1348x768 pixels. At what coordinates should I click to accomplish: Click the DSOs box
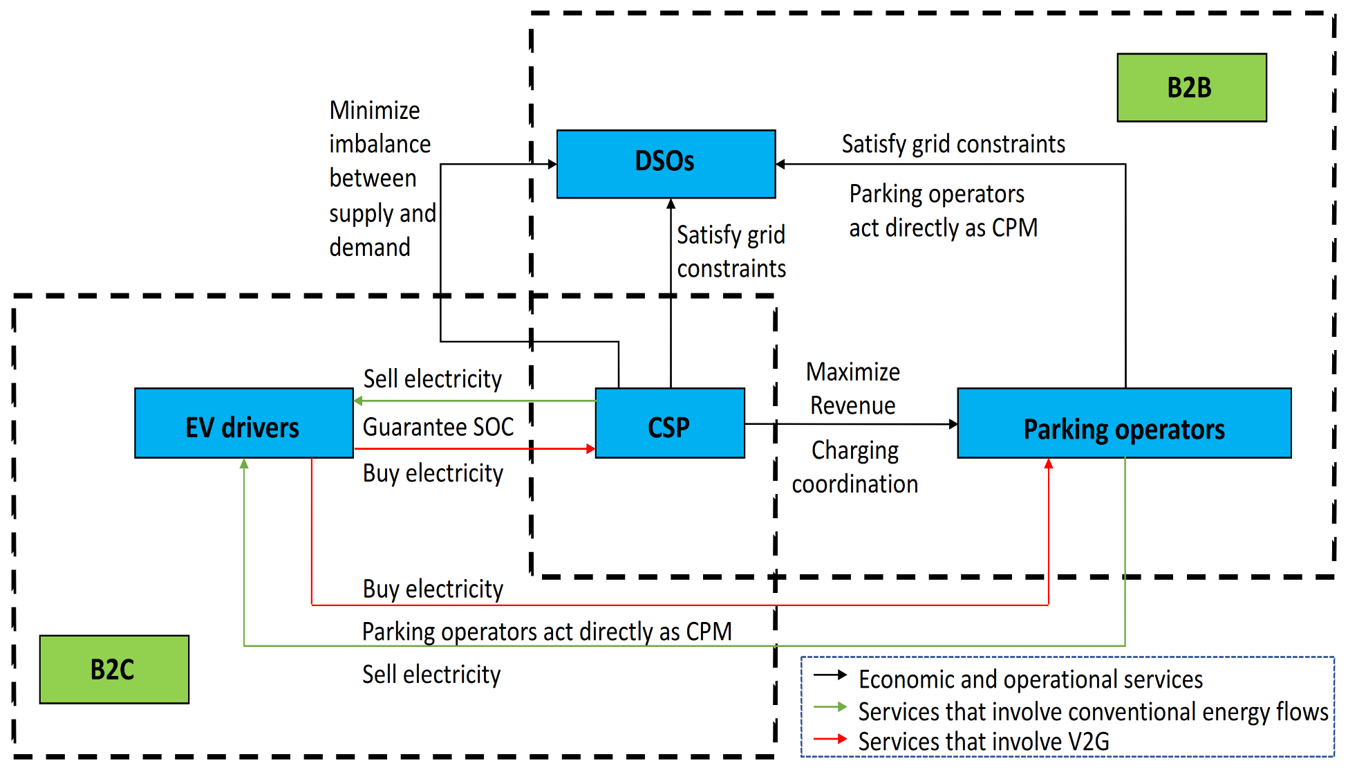tap(666, 163)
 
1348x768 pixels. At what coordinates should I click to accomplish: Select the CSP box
tap(669, 423)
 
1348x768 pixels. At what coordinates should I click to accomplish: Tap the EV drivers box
tap(243, 423)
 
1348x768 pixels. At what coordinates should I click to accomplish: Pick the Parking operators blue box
tap(1124, 423)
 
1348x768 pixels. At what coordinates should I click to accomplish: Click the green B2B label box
tap(1191, 88)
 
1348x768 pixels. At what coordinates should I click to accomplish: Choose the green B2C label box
tap(113, 669)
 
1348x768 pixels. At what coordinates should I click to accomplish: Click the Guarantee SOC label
tap(438, 427)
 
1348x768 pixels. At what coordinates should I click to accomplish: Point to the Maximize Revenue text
tap(853, 388)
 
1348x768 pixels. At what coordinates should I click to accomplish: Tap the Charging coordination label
tap(854, 467)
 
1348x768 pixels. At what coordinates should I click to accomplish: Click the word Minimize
tap(375, 110)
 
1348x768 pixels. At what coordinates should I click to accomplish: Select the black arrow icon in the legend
tap(830, 675)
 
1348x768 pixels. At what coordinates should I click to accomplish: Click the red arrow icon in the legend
tap(830, 739)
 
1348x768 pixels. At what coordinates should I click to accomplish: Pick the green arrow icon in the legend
tap(830, 707)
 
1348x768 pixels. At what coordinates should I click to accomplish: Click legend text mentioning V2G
tap(983, 742)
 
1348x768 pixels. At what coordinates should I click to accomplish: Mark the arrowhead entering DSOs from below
tap(671, 204)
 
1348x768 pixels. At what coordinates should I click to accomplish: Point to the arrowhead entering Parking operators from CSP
tap(953, 424)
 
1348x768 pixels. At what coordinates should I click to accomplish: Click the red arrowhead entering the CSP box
tap(590, 449)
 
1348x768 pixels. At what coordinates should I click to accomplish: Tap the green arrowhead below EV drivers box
tap(244, 464)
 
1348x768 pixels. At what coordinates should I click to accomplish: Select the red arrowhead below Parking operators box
tap(1049, 464)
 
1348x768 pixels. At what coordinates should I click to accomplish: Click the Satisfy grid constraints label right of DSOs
tap(953, 144)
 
